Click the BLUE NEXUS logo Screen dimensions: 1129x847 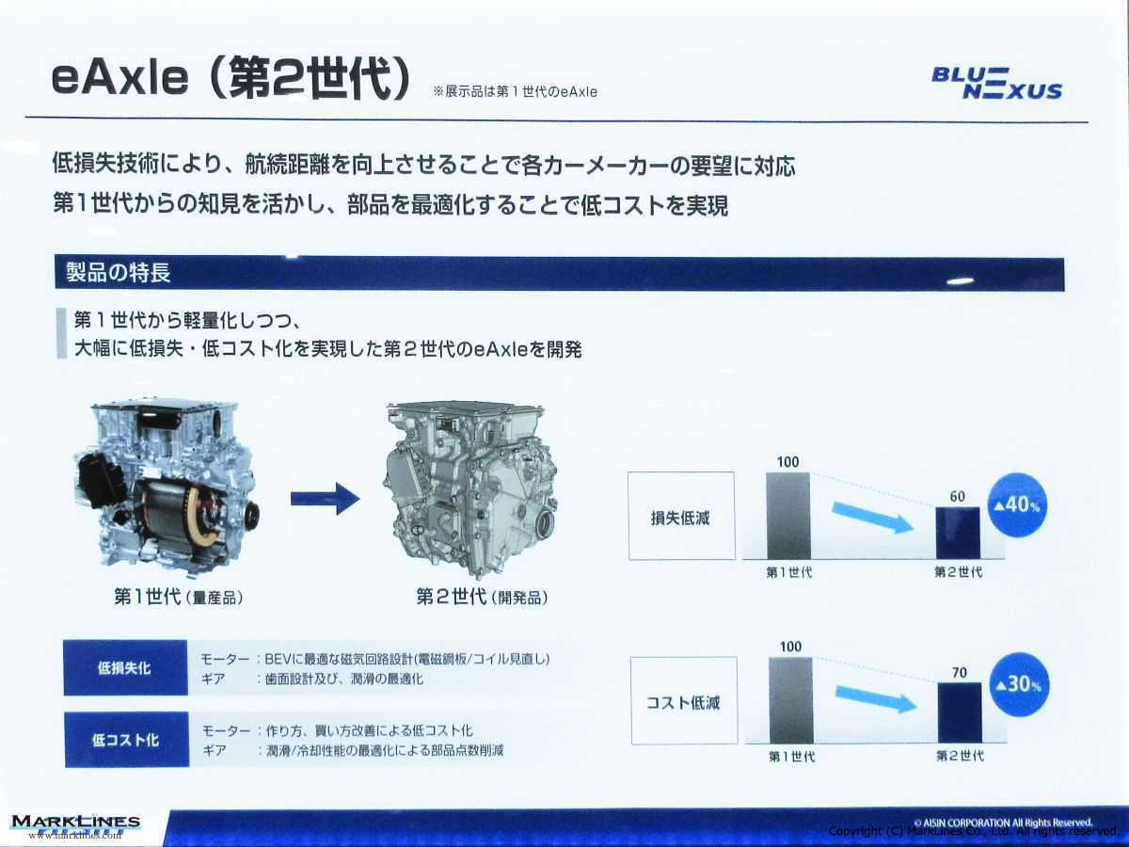tap(996, 84)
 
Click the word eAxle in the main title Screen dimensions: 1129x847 tap(120, 79)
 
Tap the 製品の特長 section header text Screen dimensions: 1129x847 tap(119, 273)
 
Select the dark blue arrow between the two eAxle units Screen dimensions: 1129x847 tap(326, 498)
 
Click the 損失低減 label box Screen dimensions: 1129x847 tap(681, 516)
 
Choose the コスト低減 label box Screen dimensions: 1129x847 tap(684, 700)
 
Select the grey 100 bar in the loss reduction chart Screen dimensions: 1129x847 tap(788, 516)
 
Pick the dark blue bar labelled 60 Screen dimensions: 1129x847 tap(957, 533)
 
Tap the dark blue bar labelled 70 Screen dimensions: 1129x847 tap(960, 712)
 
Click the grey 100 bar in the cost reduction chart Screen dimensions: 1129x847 tap(791, 700)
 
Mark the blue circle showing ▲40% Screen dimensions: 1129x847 tap(1018, 505)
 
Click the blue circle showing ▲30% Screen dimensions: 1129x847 tap(1021, 684)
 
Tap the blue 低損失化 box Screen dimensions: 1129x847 tap(125, 667)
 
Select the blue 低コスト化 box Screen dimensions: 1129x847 tap(126, 740)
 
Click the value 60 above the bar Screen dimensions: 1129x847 tap(957, 496)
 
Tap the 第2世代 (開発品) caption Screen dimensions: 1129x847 tap(482, 597)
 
